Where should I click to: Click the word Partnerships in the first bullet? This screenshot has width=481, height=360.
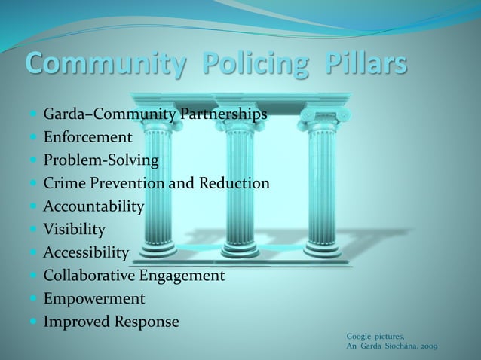click(x=223, y=115)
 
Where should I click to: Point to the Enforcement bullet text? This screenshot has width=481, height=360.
click(x=87, y=138)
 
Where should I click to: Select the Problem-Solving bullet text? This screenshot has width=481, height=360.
click(x=100, y=161)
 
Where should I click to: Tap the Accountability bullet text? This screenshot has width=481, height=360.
click(x=93, y=206)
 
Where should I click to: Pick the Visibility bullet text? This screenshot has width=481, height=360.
click(x=74, y=230)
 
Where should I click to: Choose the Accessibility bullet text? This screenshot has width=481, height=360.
click(x=86, y=252)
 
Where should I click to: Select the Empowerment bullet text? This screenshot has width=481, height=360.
click(x=93, y=299)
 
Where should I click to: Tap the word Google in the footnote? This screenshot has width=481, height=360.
click(x=359, y=335)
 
